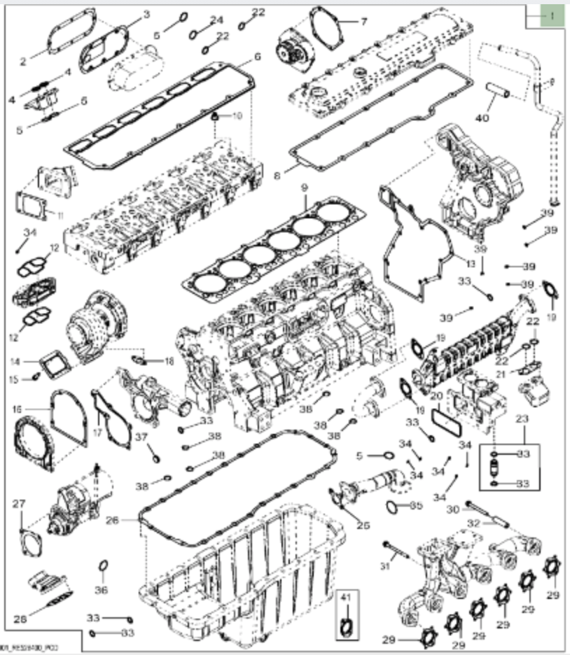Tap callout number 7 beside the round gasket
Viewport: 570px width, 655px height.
click(363, 21)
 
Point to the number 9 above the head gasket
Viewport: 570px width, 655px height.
click(305, 187)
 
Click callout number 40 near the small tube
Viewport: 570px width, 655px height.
click(481, 118)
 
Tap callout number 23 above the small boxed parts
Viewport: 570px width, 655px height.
click(520, 418)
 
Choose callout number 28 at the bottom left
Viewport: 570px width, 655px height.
click(20, 618)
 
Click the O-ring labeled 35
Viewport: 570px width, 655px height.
click(394, 505)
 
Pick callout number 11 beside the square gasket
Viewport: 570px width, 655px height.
click(60, 214)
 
